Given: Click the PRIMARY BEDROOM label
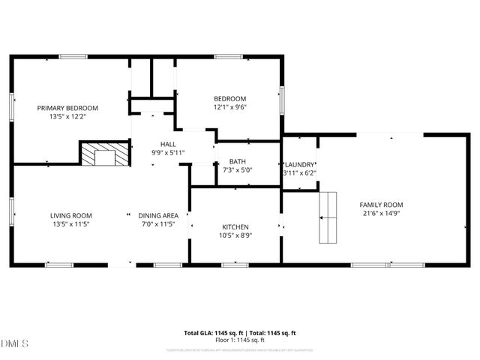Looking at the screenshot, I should (x=67, y=107).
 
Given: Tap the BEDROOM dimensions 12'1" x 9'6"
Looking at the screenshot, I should (x=229, y=107).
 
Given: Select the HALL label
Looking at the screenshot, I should (x=168, y=143).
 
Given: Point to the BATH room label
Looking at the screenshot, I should (x=237, y=161).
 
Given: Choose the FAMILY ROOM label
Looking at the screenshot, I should (x=381, y=205).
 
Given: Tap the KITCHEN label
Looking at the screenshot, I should (x=235, y=226).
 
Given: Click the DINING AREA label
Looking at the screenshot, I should (x=157, y=215).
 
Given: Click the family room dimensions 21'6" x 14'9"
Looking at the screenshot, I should (x=381, y=214).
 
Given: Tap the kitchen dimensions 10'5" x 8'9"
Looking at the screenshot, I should (x=235, y=235).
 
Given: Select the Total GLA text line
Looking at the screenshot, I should (x=240, y=332).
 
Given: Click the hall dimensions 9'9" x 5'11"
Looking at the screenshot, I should (x=168, y=152).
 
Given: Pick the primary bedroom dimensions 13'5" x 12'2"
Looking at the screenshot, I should (x=67, y=116).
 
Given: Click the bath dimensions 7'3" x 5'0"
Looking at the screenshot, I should (x=237, y=170).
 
